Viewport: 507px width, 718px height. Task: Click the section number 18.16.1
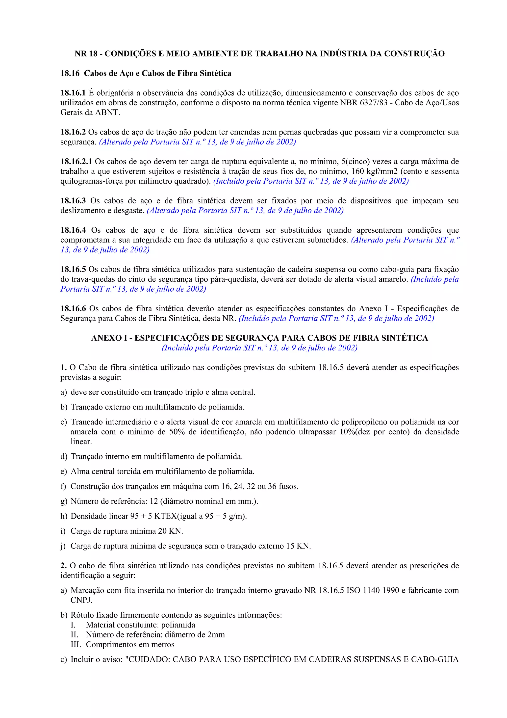click(73, 93)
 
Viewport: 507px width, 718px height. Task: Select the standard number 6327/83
click(374, 103)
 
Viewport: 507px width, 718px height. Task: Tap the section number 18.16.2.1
click(76, 162)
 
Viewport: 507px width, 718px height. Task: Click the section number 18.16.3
click(73, 201)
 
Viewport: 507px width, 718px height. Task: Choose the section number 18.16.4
click(73, 230)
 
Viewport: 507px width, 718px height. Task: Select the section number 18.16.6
click(73, 309)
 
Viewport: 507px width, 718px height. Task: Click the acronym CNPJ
click(81, 600)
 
